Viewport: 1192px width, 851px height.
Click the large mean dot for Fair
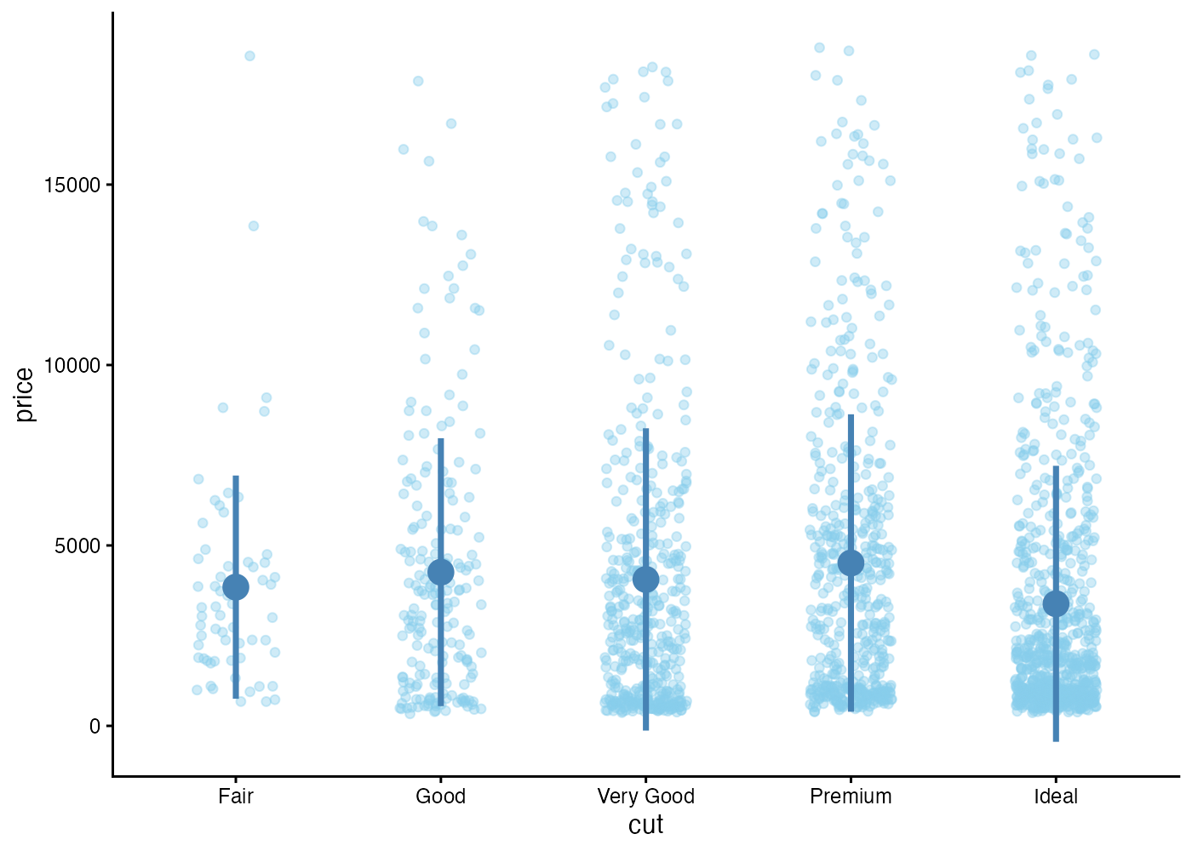coord(236,586)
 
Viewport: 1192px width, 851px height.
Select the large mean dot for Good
coord(441,572)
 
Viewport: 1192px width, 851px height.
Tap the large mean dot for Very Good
coord(646,580)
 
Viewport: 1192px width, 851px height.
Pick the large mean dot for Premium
coord(851,563)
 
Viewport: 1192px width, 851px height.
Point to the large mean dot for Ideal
coord(1056,604)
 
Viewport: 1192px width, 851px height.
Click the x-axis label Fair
coord(236,797)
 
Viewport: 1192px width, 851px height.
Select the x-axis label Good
coord(441,797)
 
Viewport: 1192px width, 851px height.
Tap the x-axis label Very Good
coord(646,797)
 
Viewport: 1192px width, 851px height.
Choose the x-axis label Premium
coord(851,797)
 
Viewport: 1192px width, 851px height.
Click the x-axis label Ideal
coord(1056,797)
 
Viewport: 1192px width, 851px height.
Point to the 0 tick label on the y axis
coord(95,726)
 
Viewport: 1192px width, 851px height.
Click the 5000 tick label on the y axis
coord(72,545)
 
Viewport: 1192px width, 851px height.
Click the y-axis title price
coord(25,394)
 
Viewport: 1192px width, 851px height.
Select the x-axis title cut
coord(646,825)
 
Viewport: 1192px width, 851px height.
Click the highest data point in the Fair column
coord(249,56)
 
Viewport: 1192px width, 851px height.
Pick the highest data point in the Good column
coord(418,81)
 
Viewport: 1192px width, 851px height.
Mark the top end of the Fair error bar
coord(236,477)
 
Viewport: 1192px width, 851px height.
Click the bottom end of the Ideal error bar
coord(1056,740)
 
